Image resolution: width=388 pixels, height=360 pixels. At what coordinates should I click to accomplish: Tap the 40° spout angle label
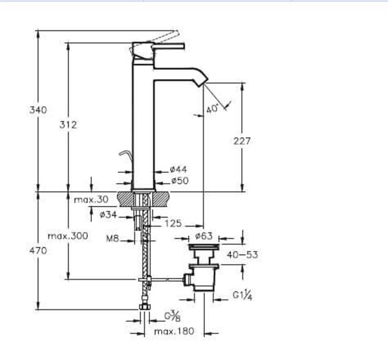tap(213, 110)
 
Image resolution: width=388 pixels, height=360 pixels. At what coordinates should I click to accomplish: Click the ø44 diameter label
tap(178, 170)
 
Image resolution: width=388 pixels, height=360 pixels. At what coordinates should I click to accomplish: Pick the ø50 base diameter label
tap(178, 181)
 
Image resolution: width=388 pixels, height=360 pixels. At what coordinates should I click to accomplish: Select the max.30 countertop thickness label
tap(91, 199)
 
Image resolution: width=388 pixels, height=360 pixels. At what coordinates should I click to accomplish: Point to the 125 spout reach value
tap(173, 223)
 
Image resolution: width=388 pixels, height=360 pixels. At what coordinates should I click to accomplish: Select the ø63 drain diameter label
tap(203, 236)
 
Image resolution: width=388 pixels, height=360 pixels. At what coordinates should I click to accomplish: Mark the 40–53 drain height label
tap(243, 254)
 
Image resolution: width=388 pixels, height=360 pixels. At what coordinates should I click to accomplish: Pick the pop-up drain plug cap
tap(203, 248)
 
